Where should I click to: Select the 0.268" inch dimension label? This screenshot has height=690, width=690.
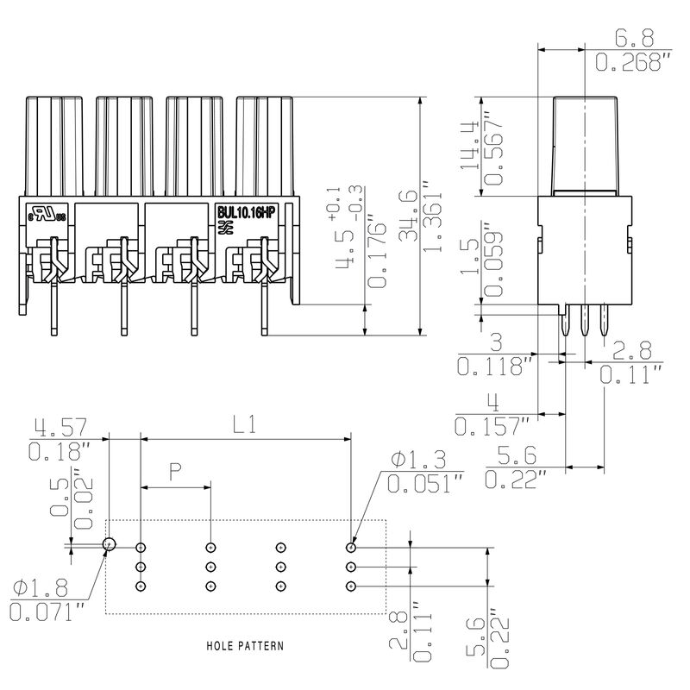633,62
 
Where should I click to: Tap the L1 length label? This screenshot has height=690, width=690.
246,423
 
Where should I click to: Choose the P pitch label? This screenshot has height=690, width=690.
175,471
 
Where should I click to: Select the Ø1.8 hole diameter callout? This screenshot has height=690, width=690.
41,590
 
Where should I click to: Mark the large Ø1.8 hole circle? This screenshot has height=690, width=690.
110,545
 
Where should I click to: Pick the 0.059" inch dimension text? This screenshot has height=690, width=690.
492,263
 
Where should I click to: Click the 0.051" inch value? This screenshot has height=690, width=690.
421,485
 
